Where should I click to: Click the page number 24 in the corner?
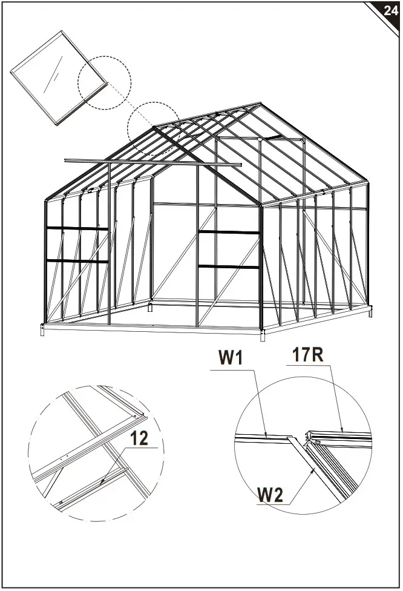tap(390, 10)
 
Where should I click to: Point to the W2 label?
tap(270, 495)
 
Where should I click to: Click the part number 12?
tap(139, 438)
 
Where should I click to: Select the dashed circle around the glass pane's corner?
tap(104, 83)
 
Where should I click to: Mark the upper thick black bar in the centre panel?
tap(229, 232)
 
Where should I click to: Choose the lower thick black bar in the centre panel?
tap(229, 266)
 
